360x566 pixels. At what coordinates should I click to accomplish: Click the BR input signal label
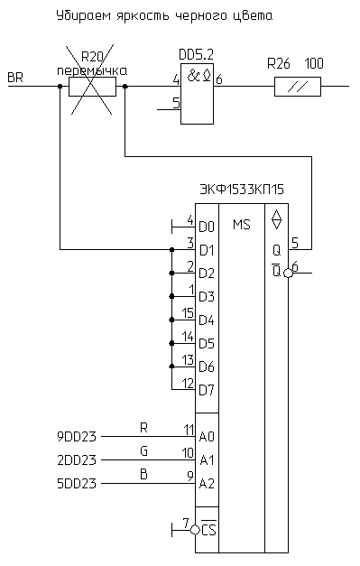click(x=15, y=78)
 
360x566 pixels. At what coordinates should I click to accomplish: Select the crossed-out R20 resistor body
click(x=92, y=87)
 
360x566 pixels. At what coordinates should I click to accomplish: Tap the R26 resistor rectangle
click(x=298, y=87)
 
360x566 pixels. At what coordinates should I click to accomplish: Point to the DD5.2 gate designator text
click(x=196, y=55)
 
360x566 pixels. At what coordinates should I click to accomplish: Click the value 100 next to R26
click(x=314, y=63)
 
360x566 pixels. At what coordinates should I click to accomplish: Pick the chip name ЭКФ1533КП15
click(x=242, y=190)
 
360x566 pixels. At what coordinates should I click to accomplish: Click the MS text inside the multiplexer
click(x=241, y=225)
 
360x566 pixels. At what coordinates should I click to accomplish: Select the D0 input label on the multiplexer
click(x=207, y=227)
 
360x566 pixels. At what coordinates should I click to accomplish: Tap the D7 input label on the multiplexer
click(x=207, y=390)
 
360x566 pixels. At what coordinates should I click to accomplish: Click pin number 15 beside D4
click(x=187, y=313)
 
